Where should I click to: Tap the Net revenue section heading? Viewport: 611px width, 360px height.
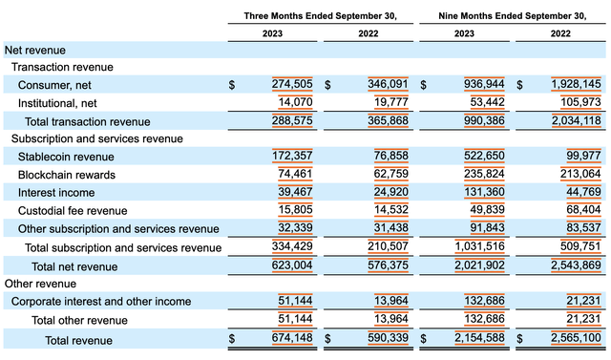point(35,49)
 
